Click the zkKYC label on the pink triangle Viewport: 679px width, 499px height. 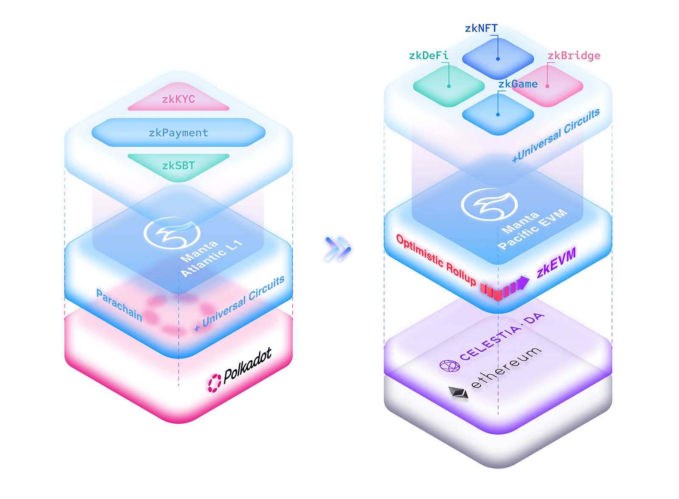[178, 99]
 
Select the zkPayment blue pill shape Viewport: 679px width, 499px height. [178, 133]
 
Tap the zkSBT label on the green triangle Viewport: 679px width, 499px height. [178, 165]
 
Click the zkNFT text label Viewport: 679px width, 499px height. [481, 28]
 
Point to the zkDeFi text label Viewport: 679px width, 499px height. [428, 56]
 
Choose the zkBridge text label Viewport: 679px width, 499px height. [574, 56]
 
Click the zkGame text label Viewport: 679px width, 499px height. [518, 84]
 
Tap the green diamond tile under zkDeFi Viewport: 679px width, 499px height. [449, 86]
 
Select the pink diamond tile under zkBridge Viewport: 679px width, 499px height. [547, 86]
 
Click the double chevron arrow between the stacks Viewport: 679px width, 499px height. [338, 249]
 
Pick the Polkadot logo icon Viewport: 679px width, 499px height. [214, 383]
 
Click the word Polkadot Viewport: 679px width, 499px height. [247, 366]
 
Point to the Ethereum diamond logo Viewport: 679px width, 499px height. [458, 392]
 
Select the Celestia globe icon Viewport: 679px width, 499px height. [449, 365]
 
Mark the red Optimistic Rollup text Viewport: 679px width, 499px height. [436, 259]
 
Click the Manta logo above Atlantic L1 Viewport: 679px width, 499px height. [171, 233]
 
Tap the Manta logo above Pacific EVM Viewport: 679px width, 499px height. [489, 204]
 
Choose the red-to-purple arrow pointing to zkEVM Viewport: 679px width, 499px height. [505, 288]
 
